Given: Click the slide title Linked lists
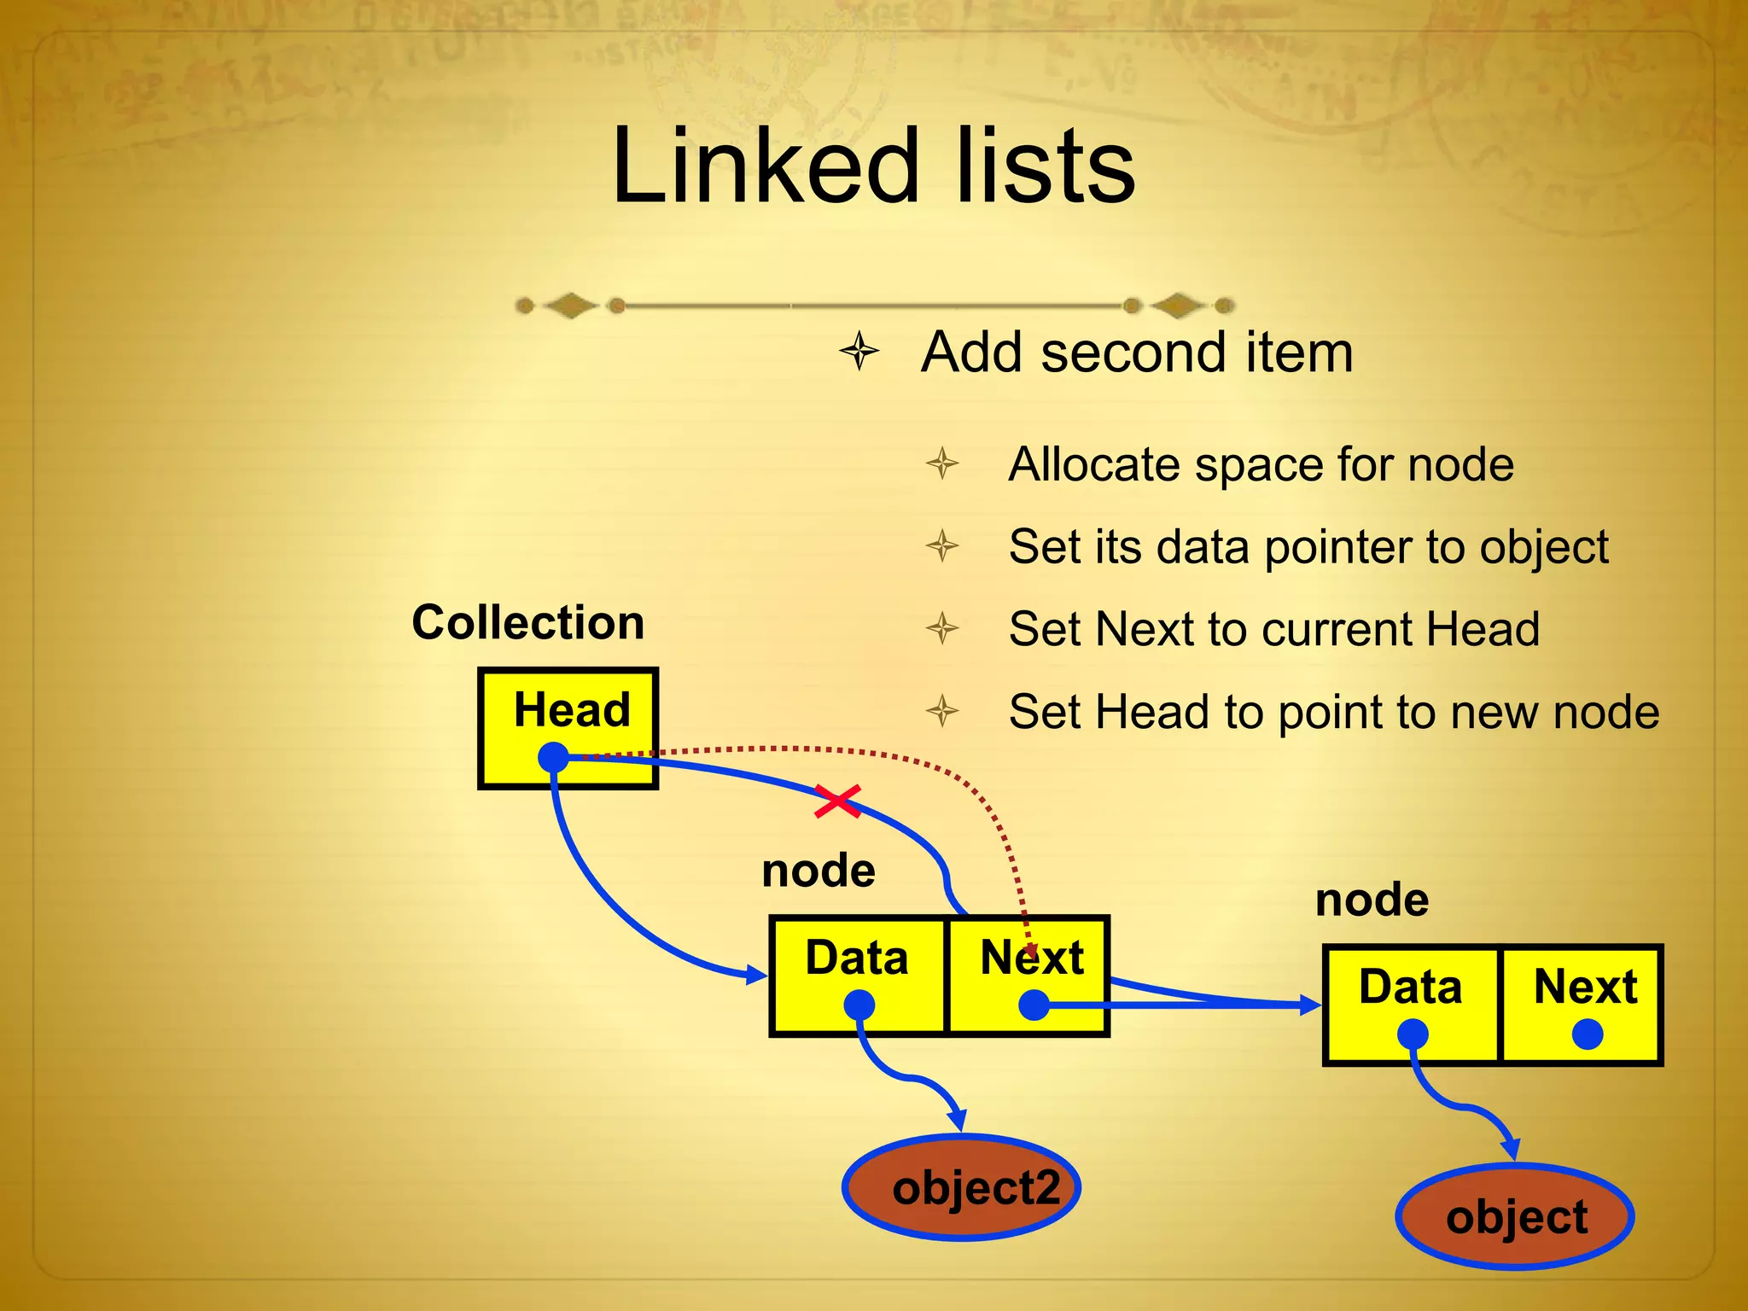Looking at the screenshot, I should [873, 166].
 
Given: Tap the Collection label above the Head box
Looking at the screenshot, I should [527, 622].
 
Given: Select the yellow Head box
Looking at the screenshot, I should [568, 728].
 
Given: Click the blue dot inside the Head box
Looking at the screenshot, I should [554, 757].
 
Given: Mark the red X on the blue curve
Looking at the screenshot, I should [837, 801].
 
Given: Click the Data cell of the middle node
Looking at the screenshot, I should [858, 975].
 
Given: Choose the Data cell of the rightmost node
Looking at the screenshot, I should [1411, 1004].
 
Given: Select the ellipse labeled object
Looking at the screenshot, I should [1516, 1216].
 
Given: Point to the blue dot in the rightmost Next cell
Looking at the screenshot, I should [1587, 1034].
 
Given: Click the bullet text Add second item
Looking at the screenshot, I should [1137, 352].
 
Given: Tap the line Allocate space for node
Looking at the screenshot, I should [1261, 465].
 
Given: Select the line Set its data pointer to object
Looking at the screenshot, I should [1308, 547].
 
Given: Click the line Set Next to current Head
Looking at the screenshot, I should [1273, 629].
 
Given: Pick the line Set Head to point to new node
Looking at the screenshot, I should [1333, 712].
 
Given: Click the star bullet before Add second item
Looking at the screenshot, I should [859, 352].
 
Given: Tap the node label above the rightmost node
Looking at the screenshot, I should [1372, 900].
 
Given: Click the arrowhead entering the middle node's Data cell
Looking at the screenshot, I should [758, 974].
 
